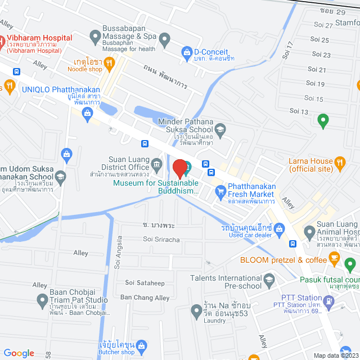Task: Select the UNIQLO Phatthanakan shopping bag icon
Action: [87, 115]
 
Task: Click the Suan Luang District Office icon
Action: [156, 164]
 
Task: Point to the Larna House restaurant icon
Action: [340, 164]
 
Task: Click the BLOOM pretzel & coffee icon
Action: [335, 260]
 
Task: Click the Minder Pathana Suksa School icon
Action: [221, 128]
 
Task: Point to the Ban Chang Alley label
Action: [145, 298]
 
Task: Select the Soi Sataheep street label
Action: [145, 282]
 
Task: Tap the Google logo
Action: [19, 353]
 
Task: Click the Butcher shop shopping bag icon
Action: [142, 345]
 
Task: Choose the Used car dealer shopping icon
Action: [281, 228]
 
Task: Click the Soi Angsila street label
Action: [119, 258]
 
